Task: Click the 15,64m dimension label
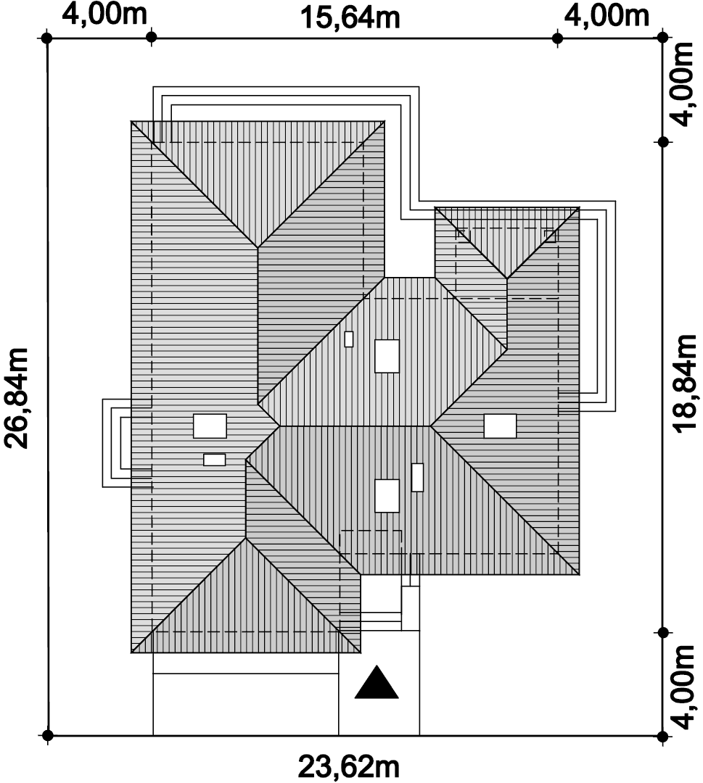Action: [350, 17]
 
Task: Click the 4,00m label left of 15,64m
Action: [105, 14]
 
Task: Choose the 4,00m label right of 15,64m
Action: [607, 15]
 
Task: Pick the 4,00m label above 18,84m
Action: [683, 84]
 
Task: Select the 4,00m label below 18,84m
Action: [683, 687]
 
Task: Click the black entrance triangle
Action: [377, 682]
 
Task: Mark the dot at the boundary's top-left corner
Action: [47, 38]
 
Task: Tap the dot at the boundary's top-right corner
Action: [662, 38]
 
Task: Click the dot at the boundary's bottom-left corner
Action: [47, 736]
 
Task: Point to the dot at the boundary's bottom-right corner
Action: [662, 736]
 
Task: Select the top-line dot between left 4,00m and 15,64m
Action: [152, 38]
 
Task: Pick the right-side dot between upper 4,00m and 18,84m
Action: [663, 142]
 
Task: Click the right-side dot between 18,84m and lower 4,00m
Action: [663, 633]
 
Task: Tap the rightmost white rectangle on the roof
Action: [500, 426]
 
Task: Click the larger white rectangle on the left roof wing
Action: [210, 426]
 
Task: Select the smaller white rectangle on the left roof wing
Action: [214, 460]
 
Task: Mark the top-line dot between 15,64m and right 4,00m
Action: [558, 38]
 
